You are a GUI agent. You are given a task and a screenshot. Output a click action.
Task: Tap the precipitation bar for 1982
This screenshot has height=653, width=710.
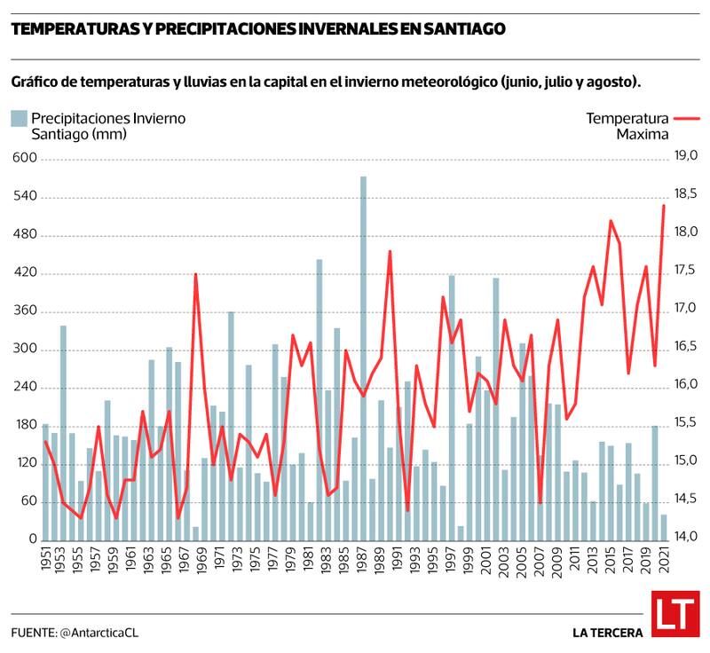[319, 399]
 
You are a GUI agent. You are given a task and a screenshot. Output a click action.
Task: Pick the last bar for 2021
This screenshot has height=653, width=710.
[663, 527]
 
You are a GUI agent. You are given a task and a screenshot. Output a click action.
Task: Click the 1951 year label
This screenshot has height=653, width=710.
[46, 561]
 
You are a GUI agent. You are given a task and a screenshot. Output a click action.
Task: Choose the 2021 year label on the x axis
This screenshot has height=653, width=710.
[663, 561]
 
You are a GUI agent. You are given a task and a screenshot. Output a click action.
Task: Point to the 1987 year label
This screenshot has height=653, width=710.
[363, 561]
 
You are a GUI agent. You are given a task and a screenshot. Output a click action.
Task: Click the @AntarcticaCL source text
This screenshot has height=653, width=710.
[99, 633]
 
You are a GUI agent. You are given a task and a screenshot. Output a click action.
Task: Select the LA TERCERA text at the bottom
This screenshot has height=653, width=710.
[607, 633]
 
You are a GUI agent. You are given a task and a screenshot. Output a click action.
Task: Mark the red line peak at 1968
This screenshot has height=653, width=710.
[195, 275]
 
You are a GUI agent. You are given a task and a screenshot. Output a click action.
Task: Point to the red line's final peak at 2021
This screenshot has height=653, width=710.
[663, 206]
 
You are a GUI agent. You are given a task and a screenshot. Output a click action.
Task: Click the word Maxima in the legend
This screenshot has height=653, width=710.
[643, 134]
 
